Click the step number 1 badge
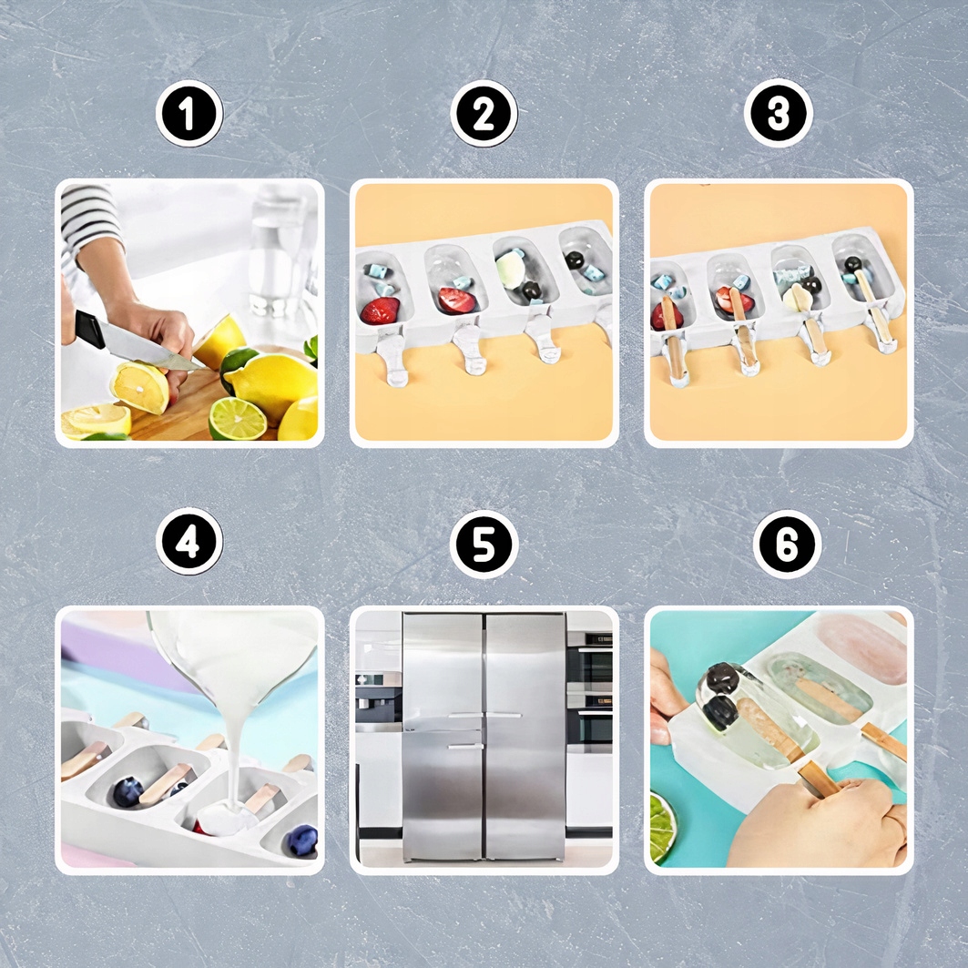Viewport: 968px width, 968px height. [x=189, y=114]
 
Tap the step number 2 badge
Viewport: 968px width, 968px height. [x=484, y=114]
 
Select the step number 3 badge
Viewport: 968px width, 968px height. [x=778, y=114]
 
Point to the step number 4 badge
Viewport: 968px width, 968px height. [x=189, y=542]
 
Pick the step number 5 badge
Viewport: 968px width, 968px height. [x=484, y=544]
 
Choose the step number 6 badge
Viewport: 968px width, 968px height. [x=787, y=544]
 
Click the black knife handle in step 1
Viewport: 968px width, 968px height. [x=90, y=329]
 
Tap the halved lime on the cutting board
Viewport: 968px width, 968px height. [x=237, y=418]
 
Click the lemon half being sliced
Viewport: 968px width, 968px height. [x=141, y=387]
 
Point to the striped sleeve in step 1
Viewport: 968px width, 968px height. [x=89, y=219]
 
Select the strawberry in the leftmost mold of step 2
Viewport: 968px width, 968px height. [x=380, y=311]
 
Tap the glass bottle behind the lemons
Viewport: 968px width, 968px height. [x=279, y=253]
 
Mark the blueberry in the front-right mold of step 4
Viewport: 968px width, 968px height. [x=302, y=840]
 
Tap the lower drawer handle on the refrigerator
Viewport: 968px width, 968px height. [x=465, y=747]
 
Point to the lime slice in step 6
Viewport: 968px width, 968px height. [x=663, y=826]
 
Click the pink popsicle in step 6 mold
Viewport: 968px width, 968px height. [x=862, y=648]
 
